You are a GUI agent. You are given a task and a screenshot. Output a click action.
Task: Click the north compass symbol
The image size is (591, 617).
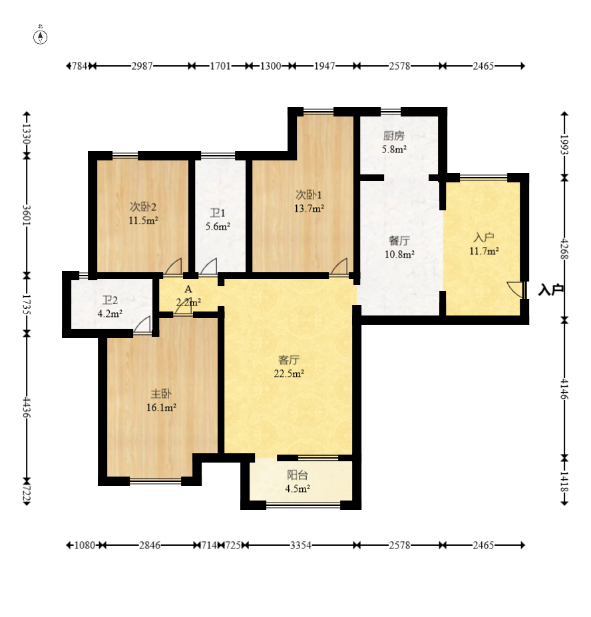tap(40, 37)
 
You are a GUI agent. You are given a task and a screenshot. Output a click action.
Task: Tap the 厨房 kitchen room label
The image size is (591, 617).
tap(393, 136)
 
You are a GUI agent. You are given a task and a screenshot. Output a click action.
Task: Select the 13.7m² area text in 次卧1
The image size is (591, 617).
tap(309, 208)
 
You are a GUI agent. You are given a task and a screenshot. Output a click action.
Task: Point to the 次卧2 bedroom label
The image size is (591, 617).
tap(143, 206)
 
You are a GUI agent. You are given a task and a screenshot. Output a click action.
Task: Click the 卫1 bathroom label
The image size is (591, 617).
tap(218, 213)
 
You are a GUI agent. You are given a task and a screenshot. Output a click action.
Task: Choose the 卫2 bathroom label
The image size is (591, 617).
tap(110, 301)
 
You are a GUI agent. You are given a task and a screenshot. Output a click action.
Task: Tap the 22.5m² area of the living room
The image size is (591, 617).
tap(289, 373)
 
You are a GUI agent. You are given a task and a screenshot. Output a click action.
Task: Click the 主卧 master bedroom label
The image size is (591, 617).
tap(161, 394)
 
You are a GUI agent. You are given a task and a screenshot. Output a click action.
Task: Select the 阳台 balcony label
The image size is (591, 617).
tap(297, 475)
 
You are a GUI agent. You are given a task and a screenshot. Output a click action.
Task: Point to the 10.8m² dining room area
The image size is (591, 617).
tap(399, 254)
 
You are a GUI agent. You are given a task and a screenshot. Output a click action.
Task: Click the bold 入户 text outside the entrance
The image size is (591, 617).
tap(550, 290)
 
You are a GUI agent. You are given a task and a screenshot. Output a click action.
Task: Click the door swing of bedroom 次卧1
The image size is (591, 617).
tap(339, 266)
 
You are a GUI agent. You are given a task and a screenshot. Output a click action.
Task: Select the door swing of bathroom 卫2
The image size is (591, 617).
tap(142, 325)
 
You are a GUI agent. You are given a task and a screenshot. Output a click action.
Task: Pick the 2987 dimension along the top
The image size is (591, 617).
tap(142, 66)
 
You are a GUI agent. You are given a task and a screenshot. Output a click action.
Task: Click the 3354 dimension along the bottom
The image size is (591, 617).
tap(301, 545)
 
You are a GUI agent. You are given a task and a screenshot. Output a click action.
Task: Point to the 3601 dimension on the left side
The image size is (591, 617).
tap(27, 215)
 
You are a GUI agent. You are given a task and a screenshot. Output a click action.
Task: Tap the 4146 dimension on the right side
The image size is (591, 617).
tap(564, 389)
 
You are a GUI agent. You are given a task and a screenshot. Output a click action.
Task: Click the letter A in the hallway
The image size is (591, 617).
tap(188, 290)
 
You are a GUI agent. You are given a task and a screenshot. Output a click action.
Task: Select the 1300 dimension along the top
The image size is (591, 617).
tap(271, 66)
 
